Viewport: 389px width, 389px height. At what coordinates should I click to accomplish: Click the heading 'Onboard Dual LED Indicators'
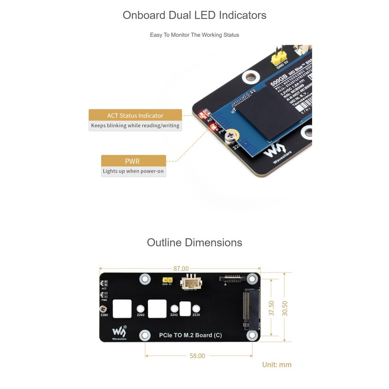coord(194,15)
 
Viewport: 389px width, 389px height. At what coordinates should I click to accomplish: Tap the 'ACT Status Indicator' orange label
coord(135,115)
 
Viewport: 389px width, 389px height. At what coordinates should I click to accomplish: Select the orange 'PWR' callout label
coord(132,161)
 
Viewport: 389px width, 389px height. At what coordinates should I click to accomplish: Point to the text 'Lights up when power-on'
coord(134,171)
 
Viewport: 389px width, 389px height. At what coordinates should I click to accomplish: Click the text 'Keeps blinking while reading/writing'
coord(135,125)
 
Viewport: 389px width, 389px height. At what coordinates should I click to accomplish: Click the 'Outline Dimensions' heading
coord(194,242)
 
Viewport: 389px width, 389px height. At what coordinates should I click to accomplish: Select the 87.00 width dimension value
coord(180,268)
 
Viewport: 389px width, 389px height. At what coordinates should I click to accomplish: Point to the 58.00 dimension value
coord(197,356)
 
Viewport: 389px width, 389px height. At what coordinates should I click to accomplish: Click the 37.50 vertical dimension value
coord(271,308)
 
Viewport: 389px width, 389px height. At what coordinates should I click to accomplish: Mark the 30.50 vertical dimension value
coord(285,308)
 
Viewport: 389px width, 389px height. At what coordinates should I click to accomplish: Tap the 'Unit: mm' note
coord(277,365)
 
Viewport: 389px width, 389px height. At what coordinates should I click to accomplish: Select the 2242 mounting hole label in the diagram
coord(174,315)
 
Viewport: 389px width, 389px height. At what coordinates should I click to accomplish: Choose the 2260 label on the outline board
coord(141,315)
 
